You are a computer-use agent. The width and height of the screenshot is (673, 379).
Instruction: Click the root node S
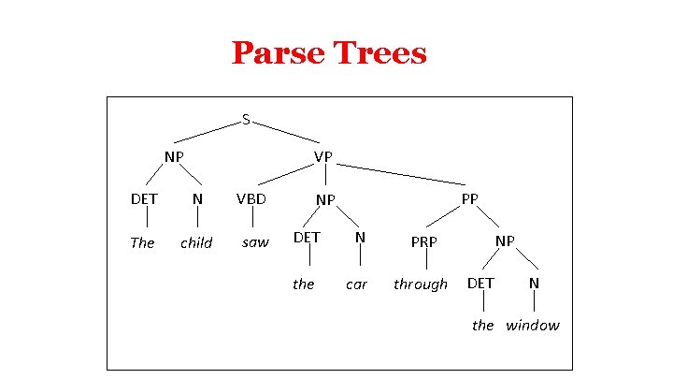point(245,120)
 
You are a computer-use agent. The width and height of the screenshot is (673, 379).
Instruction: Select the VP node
point(323,156)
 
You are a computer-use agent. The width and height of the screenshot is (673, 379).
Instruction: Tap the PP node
point(470,198)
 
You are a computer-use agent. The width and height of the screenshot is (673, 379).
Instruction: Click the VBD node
point(251,198)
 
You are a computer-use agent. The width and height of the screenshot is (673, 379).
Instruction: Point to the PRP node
point(426,242)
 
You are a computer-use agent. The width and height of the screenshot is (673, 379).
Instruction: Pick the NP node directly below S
point(174,156)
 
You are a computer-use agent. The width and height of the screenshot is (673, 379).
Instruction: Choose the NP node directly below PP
point(505,241)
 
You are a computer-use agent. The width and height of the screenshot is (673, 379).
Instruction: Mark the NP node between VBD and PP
point(325,199)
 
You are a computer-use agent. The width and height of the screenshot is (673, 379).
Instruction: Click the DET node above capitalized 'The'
point(144,198)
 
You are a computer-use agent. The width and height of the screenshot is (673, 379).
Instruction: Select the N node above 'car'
point(360,238)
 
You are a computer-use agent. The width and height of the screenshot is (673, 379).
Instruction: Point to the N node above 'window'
point(534,282)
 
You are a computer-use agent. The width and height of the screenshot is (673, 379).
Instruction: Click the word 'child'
point(196,243)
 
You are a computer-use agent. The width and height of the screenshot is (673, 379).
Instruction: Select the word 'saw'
point(254,243)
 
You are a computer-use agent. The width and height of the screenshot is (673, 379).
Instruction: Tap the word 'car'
point(357,284)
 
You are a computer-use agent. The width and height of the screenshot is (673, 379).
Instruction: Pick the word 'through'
point(421,284)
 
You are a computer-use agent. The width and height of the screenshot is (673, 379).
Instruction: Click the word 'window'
point(533,326)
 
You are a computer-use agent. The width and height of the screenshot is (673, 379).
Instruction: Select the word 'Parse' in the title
point(278,52)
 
